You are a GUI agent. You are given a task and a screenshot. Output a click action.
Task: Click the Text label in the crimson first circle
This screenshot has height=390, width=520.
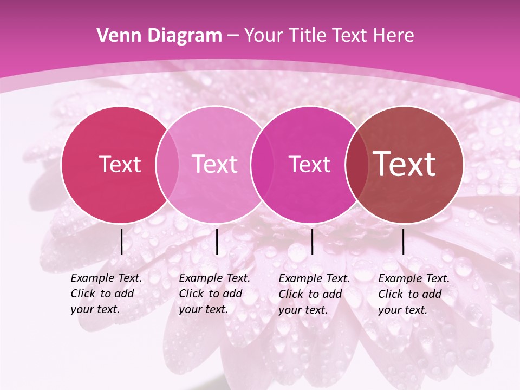(x=120, y=164)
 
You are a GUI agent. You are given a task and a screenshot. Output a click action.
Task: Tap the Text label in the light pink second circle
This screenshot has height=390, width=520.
(x=215, y=164)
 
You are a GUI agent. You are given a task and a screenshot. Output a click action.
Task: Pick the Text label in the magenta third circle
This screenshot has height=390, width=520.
(x=310, y=164)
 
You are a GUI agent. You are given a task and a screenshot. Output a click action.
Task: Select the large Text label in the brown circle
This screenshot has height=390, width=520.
(x=405, y=164)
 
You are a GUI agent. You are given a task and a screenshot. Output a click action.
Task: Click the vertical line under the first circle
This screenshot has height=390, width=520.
(x=122, y=242)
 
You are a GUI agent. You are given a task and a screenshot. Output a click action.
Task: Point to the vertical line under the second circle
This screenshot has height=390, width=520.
(x=217, y=242)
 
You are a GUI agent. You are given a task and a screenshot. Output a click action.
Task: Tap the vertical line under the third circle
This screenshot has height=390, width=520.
(x=312, y=242)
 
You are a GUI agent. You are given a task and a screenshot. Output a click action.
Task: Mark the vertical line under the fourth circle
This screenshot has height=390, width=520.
(x=404, y=242)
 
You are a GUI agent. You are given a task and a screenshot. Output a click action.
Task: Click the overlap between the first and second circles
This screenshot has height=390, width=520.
(x=167, y=165)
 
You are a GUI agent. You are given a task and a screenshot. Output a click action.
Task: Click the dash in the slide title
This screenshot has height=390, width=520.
(x=233, y=36)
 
